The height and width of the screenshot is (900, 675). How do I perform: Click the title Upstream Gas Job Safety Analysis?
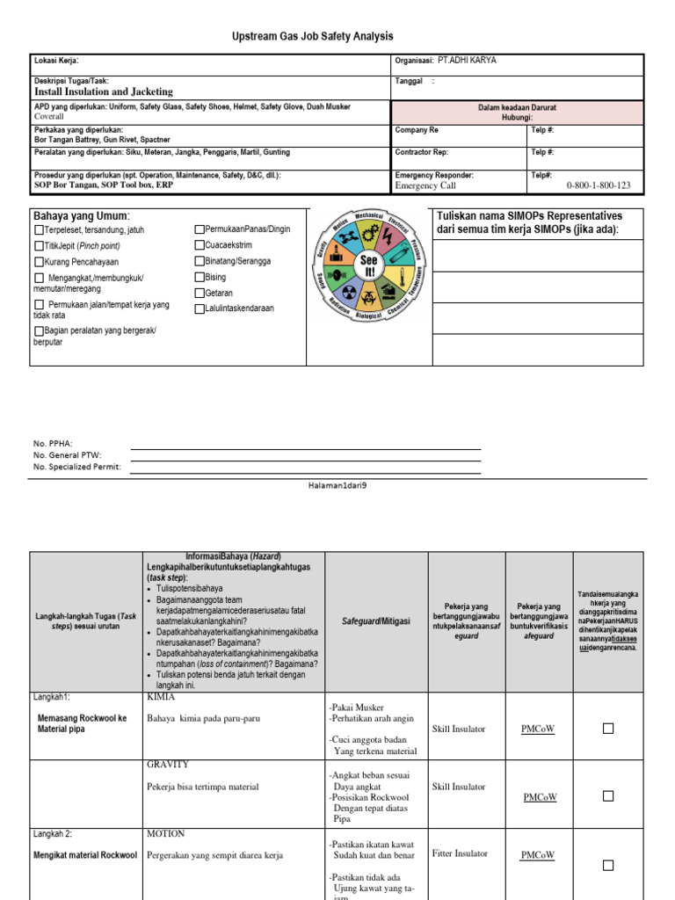(x=313, y=36)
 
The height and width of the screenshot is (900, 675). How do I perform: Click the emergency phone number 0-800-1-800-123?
(x=599, y=185)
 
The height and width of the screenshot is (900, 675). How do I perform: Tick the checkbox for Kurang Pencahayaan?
(x=39, y=263)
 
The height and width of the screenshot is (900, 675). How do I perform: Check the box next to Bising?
(x=200, y=278)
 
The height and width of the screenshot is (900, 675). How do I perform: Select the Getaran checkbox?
(x=200, y=294)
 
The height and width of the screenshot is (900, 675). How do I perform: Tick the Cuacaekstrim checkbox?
(x=200, y=246)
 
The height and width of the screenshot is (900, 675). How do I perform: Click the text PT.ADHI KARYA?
(x=474, y=61)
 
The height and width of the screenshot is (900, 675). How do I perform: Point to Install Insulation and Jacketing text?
(x=103, y=91)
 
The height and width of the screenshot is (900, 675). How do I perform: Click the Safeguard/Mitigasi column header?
(x=376, y=621)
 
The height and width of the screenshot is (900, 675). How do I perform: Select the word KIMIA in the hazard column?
(x=161, y=697)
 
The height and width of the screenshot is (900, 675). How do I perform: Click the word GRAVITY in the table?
(x=167, y=765)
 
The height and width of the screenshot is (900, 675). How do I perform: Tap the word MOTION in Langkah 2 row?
(x=165, y=833)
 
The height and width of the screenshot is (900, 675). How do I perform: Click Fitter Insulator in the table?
(x=460, y=853)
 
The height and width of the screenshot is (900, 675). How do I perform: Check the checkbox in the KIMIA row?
(x=607, y=729)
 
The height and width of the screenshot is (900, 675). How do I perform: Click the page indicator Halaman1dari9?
(x=337, y=485)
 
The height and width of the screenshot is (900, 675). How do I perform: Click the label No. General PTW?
(x=68, y=455)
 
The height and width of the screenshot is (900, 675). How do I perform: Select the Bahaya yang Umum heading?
(x=81, y=216)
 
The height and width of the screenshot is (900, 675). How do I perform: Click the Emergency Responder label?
(x=434, y=175)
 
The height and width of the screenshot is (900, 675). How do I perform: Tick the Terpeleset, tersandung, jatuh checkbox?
(x=39, y=230)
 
